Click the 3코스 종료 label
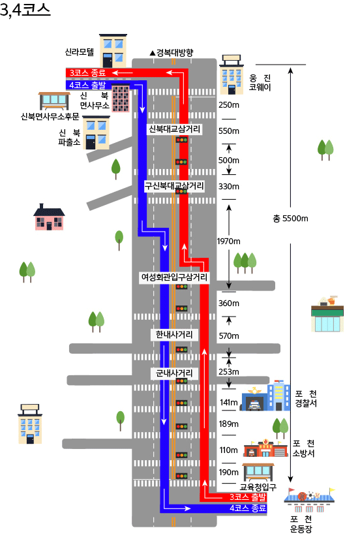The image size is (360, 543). pyautogui.click(x=87, y=72)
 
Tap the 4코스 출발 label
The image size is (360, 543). pyautogui.click(x=87, y=85)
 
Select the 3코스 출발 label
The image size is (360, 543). pyautogui.click(x=248, y=497)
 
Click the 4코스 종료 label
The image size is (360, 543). pyautogui.click(x=248, y=508)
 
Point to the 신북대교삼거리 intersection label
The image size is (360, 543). pyautogui.click(x=175, y=129)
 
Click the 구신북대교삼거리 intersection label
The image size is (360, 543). pyautogui.click(x=174, y=186)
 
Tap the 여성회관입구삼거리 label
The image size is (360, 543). pyautogui.click(x=174, y=277)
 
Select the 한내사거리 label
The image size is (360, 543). pyautogui.click(x=174, y=335)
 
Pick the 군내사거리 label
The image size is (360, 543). pyautogui.click(x=174, y=373)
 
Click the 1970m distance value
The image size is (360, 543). pyautogui.click(x=228, y=241)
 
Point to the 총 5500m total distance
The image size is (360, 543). pyautogui.click(x=290, y=219)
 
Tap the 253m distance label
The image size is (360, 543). pyautogui.click(x=229, y=371)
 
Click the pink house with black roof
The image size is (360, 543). pyautogui.click(x=49, y=217)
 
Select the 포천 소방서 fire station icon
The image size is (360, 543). pyautogui.click(x=265, y=448)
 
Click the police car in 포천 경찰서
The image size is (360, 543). pyautogui.click(x=254, y=405)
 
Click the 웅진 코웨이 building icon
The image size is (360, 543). pyautogui.click(x=232, y=74)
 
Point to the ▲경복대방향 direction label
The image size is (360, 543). pyautogui.click(x=172, y=53)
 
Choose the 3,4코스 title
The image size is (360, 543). pyautogui.click(x=25, y=10)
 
